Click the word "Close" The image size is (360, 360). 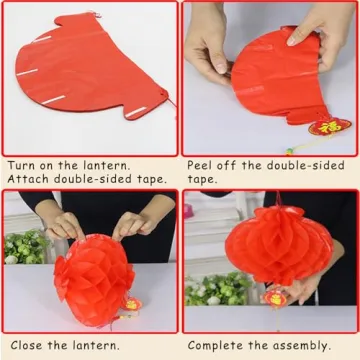25,346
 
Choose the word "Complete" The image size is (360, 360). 216,346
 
